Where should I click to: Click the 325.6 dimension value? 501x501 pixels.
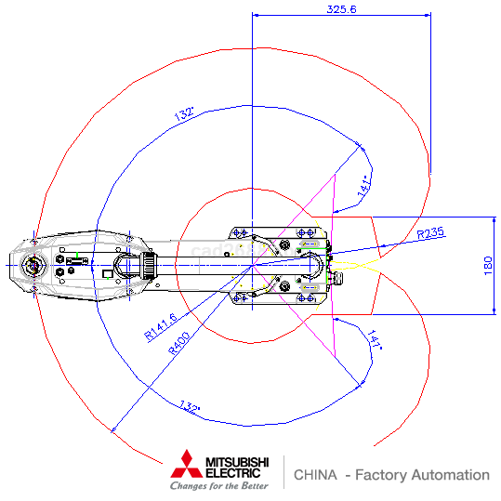point(341,9)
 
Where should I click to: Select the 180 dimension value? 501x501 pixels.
point(488,266)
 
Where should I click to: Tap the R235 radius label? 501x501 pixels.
point(430,232)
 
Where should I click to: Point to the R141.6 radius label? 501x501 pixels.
point(161,326)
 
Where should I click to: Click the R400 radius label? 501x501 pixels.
point(178,344)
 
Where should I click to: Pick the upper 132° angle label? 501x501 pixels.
point(184,113)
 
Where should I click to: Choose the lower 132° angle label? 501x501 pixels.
point(190,406)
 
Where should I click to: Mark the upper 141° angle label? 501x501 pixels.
point(364,186)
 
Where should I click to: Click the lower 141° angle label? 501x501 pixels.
point(375,339)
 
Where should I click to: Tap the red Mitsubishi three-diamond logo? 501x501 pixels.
point(187,464)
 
